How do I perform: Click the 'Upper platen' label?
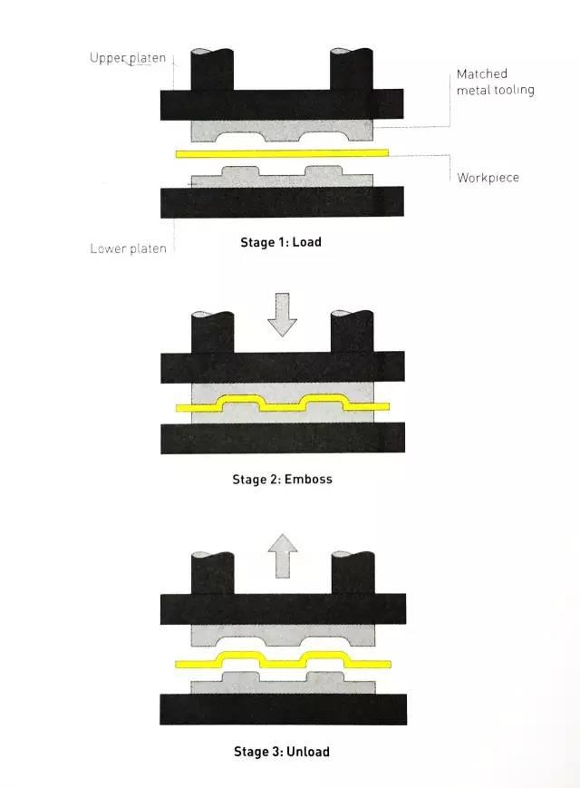tap(128, 58)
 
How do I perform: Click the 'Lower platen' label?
tap(128, 248)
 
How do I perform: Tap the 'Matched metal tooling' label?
tap(495, 82)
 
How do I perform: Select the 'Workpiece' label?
tap(488, 178)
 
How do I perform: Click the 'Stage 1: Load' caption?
tap(282, 242)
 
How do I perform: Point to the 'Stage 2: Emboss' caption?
tap(282, 479)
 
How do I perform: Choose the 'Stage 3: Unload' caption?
tap(282, 752)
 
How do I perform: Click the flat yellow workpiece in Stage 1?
tap(282, 152)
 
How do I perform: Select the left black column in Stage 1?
tap(212, 70)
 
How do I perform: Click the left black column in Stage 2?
tap(212, 332)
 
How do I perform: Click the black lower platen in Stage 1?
tap(282, 202)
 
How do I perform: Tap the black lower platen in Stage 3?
tap(282, 709)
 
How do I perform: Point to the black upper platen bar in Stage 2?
tap(282, 367)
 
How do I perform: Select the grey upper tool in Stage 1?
tap(282, 128)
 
